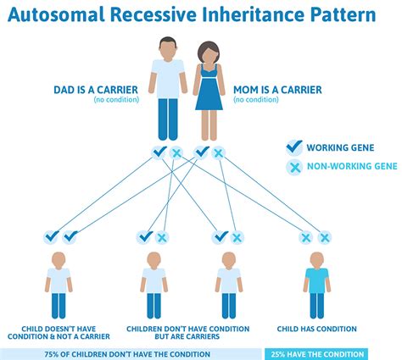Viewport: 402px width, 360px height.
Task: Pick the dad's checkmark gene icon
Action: click(x=159, y=153)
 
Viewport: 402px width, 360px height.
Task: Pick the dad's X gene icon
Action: click(x=176, y=153)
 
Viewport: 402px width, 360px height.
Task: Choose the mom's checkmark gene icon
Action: click(x=202, y=153)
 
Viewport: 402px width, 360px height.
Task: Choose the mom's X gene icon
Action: click(x=218, y=153)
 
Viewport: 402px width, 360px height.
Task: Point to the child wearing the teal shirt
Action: click(x=315, y=280)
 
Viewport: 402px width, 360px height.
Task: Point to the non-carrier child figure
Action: click(x=59, y=280)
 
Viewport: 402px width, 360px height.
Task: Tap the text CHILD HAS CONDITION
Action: click(x=316, y=328)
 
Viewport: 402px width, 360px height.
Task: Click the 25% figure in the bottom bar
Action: click(x=280, y=354)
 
